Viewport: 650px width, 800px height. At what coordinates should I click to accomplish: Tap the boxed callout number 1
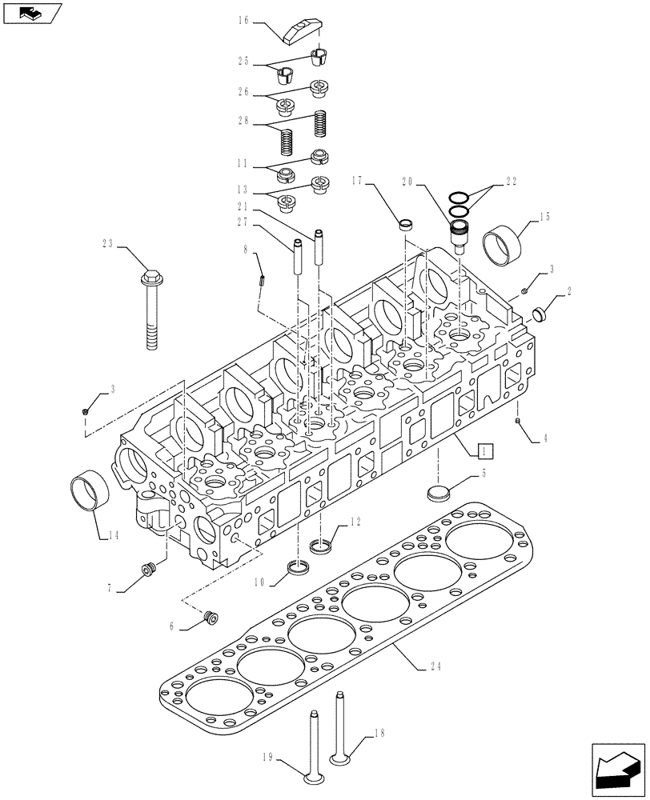coord(486,450)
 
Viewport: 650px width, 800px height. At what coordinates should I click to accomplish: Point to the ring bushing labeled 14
coord(86,490)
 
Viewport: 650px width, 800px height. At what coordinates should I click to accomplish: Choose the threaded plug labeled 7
coord(146,570)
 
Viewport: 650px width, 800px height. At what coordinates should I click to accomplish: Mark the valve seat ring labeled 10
coord(299,570)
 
